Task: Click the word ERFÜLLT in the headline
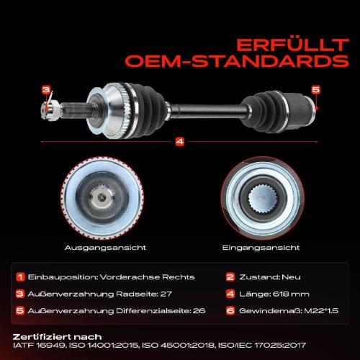(x=292, y=45)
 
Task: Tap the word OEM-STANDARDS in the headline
(x=237, y=61)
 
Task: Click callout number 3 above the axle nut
(x=46, y=90)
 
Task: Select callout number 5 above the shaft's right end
(x=316, y=89)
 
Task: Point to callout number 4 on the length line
(x=180, y=142)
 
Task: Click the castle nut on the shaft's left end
(x=50, y=110)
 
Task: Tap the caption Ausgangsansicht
(x=105, y=248)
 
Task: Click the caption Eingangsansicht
(x=261, y=248)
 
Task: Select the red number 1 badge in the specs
(x=20, y=277)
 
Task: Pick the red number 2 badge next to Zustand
(x=230, y=277)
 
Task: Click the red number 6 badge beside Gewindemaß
(x=230, y=311)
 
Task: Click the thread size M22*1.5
(x=321, y=311)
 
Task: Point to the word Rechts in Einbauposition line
(x=179, y=277)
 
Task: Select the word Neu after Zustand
(x=291, y=277)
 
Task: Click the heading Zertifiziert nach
(x=57, y=337)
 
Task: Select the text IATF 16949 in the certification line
(x=39, y=346)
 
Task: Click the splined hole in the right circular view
(x=263, y=199)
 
